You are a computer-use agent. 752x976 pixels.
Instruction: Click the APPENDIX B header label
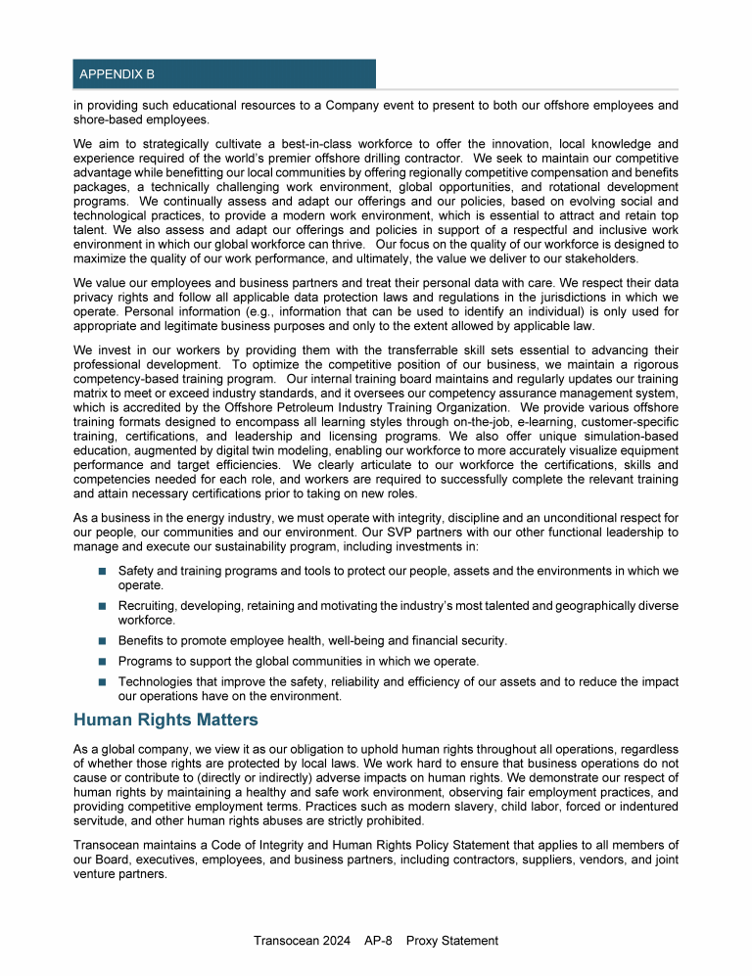(117, 74)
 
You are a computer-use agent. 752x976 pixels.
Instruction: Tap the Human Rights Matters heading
(165, 720)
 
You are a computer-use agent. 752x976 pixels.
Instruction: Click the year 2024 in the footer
(333, 941)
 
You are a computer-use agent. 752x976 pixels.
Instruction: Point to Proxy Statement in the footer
(454, 941)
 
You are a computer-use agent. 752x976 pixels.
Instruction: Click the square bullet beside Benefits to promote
(102, 640)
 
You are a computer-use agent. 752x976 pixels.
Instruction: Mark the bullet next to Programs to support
(102, 661)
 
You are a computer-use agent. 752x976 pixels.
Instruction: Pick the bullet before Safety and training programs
(102, 570)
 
